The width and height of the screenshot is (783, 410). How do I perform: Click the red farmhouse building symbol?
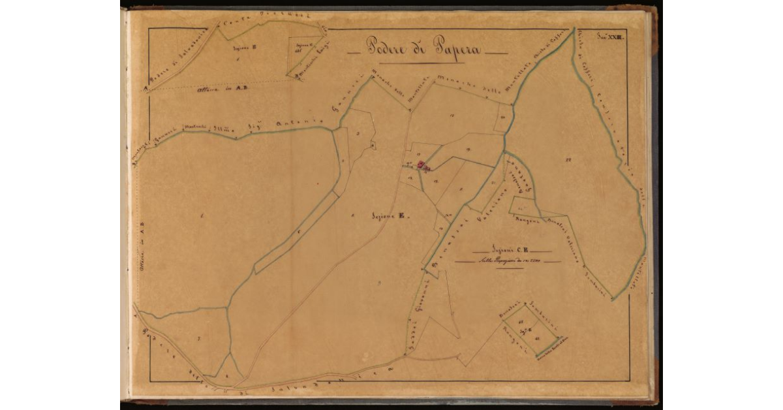click(x=422, y=166)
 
